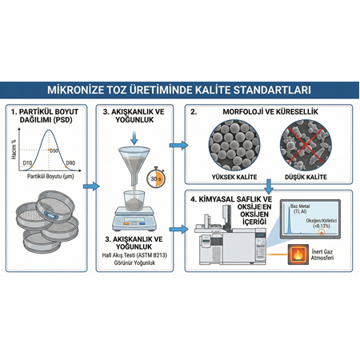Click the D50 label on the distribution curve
[x=55, y=150]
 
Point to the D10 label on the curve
[x=27, y=162]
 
